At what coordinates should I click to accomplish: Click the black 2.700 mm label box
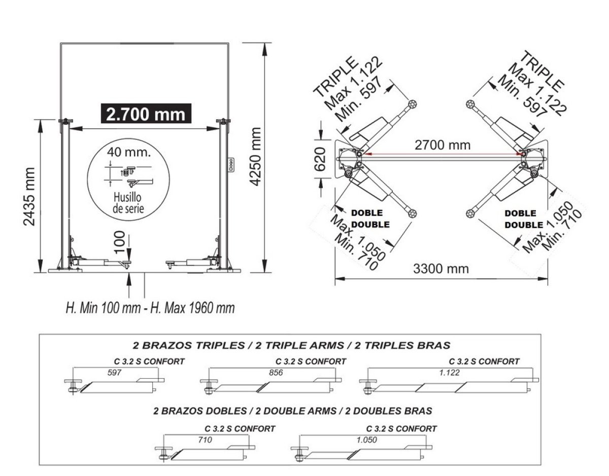pyautogui.click(x=146, y=114)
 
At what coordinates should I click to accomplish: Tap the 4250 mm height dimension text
pyautogui.click(x=255, y=157)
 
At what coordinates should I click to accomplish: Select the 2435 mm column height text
pyautogui.click(x=29, y=197)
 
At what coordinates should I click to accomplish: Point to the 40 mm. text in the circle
pyautogui.click(x=128, y=152)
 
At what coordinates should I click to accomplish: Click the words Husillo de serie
pyautogui.click(x=128, y=203)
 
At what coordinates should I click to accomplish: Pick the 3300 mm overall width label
pyautogui.click(x=441, y=269)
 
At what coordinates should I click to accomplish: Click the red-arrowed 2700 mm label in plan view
pyautogui.click(x=443, y=145)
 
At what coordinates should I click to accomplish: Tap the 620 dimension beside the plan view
pyautogui.click(x=320, y=159)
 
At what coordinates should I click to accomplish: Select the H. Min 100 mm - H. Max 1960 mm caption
pyautogui.click(x=150, y=308)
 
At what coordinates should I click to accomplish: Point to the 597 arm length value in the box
pyautogui.click(x=114, y=373)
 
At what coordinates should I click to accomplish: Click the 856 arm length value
pyautogui.click(x=276, y=373)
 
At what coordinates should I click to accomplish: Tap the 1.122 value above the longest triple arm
pyautogui.click(x=450, y=373)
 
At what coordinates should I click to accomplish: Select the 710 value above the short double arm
pyautogui.click(x=205, y=440)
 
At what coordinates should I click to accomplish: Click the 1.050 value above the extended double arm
pyautogui.click(x=367, y=440)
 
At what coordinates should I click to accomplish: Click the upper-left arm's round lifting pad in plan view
pyautogui.click(x=412, y=104)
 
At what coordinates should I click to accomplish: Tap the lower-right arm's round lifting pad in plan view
pyautogui.click(x=470, y=213)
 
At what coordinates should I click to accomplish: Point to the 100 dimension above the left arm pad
pyautogui.click(x=120, y=242)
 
